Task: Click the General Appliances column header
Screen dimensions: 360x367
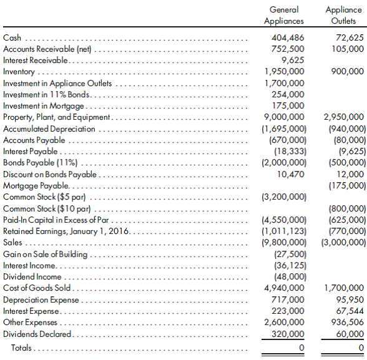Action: [283, 16]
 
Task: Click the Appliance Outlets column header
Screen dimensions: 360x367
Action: [343, 16]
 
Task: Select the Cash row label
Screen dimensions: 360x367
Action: [12, 38]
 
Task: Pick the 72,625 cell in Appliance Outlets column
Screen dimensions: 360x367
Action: [349, 38]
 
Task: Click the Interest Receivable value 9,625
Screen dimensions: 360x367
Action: [293, 61]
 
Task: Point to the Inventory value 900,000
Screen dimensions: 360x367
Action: [347, 72]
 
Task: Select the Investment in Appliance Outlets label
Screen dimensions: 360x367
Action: [57, 83]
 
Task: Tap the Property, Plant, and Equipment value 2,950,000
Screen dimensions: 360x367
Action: [344, 117]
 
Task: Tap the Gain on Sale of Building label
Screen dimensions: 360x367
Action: [46, 254]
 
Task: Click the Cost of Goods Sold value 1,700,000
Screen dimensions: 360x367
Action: [344, 288]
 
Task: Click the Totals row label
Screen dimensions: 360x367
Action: [22, 347]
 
